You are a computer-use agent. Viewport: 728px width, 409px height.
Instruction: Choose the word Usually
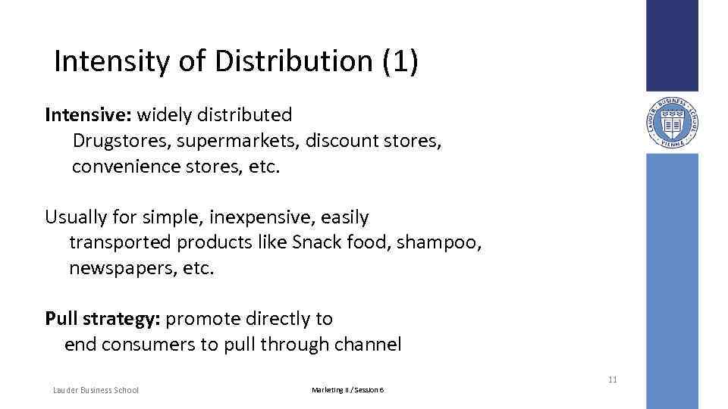click(77, 217)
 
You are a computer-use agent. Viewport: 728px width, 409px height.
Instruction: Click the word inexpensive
click(259, 217)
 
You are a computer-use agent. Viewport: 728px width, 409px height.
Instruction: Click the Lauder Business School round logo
click(671, 122)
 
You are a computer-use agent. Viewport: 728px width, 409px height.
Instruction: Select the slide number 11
click(612, 379)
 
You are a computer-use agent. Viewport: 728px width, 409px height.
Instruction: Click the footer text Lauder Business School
click(96, 390)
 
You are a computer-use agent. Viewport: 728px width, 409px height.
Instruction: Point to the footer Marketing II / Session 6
click(348, 390)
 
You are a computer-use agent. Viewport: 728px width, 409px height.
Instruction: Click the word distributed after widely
click(244, 115)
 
